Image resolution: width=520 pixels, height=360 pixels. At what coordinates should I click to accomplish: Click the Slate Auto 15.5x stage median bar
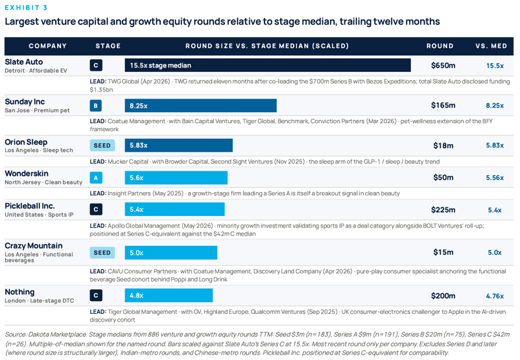pos(268,66)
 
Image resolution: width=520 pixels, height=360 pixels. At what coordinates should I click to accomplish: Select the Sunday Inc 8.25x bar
pos(200,106)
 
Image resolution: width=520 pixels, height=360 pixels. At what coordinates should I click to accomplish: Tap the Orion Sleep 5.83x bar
pos(179,145)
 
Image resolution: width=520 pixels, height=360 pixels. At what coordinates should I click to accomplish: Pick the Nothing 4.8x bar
pos(169,295)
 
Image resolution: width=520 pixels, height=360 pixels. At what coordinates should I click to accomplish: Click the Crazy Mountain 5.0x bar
pos(171,252)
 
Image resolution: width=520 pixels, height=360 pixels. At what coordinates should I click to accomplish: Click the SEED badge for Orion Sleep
pos(102,145)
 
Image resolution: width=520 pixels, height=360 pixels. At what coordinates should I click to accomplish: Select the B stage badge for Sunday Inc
pos(96,106)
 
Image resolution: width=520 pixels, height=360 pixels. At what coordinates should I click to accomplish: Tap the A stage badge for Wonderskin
pos(96,178)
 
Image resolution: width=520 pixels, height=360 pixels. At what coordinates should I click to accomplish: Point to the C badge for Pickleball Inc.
pos(96,210)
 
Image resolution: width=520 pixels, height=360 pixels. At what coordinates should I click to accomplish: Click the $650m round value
pos(443,66)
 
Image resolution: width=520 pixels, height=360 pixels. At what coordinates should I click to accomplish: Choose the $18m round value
pos(443,145)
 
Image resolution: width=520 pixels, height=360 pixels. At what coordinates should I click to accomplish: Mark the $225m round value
pos(443,210)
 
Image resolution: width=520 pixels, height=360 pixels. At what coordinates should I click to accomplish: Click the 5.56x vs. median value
pos(495,178)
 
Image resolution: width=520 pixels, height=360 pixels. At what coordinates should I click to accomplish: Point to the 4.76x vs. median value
pos(495,296)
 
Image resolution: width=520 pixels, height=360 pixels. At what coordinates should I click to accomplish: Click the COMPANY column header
pos(48,46)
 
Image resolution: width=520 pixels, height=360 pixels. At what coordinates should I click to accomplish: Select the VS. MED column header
pos(491,46)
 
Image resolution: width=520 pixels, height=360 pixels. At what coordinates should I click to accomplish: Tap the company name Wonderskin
pos(27,174)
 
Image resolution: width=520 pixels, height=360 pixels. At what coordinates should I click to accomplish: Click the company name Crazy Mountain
pos(34,246)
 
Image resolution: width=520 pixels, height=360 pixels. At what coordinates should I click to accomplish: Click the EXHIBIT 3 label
pos(26,7)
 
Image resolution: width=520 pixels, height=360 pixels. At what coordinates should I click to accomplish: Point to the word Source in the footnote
pos(16,335)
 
